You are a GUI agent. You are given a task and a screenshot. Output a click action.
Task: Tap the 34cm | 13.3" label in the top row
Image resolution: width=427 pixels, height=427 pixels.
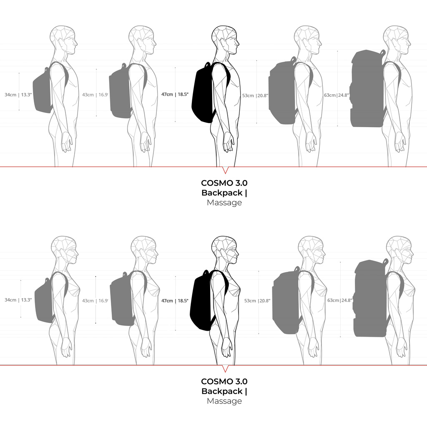coord(18,95)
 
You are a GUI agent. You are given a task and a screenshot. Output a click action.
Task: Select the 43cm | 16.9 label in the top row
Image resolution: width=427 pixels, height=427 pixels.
coord(95,95)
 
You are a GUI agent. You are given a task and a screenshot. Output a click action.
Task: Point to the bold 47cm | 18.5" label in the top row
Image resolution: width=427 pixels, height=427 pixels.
coord(175,95)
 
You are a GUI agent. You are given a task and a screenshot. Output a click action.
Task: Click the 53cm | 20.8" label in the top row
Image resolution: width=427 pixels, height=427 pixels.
coord(255,95)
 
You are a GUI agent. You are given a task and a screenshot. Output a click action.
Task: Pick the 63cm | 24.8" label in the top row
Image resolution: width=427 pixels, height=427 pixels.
coord(337,95)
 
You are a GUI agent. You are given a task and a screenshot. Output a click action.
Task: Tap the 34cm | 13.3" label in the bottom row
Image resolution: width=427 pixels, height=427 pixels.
coord(18,300)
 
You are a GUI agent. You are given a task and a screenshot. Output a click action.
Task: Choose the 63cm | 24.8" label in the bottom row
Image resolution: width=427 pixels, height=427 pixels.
coord(340,300)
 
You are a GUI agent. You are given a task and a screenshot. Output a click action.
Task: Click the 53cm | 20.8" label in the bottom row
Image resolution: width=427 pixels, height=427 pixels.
coord(257,301)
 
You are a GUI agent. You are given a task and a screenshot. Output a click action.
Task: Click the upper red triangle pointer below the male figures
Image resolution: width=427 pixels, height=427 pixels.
coord(225,171)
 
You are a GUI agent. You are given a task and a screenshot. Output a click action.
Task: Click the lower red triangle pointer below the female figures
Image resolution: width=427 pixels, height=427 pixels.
coord(225,369)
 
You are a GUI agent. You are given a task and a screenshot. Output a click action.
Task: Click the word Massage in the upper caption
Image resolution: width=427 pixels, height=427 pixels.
coord(224,203)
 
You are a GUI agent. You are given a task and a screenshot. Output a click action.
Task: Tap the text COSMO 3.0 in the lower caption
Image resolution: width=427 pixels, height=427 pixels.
coord(224,381)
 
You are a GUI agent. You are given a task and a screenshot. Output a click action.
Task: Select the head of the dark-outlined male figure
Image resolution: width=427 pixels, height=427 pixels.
coord(225,40)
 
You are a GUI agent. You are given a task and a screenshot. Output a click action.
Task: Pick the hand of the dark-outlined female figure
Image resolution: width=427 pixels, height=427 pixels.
coord(228,347)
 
